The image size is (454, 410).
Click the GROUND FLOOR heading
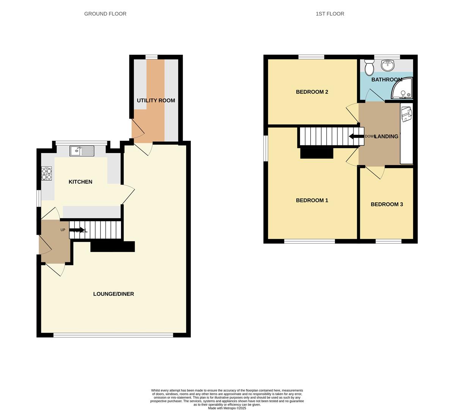pos(105,14)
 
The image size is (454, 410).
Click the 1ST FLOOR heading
pos(330,14)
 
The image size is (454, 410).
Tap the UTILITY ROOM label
pos(156,101)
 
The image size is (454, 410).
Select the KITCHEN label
pos(80,182)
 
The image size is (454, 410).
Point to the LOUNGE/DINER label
pos(113,294)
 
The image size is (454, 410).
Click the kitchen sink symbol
pos(82,151)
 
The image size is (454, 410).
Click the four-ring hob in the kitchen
pos(47,173)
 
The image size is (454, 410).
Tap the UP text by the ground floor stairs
pos(63,230)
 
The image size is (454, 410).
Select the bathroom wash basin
pos(387,66)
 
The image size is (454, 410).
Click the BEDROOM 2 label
pos(312,92)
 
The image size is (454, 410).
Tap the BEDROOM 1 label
pos(312,200)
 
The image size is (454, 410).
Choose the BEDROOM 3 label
pos(386,204)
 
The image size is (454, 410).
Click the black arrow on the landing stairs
pos(355,137)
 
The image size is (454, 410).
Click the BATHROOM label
pos(386,80)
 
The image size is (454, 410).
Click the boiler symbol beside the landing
pos(407,113)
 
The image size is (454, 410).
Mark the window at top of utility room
pos(151,57)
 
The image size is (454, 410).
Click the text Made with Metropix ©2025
pos(227,408)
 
